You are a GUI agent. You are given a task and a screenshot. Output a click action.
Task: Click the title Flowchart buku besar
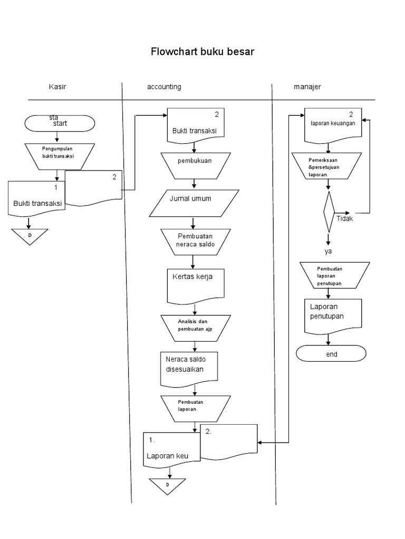(x=202, y=52)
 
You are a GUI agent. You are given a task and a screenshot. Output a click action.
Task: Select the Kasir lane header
(x=57, y=87)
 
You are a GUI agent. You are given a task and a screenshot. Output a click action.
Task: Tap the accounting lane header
(x=164, y=87)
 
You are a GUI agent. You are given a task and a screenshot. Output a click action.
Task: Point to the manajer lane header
(x=307, y=87)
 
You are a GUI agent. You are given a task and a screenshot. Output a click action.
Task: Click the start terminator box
(x=60, y=123)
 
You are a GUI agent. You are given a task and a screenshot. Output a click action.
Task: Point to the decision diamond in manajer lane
(x=329, y=212)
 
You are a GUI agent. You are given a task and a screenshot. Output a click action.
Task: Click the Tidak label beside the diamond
(x=344, y=219)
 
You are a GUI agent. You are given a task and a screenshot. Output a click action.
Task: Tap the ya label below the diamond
(x=328, y=251)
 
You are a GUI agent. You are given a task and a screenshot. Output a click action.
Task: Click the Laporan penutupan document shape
(x=333, y=314)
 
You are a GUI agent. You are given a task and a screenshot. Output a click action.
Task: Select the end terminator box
(x=331, y=354)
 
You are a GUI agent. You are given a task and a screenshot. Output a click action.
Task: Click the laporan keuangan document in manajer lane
(x=332, y=125)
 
